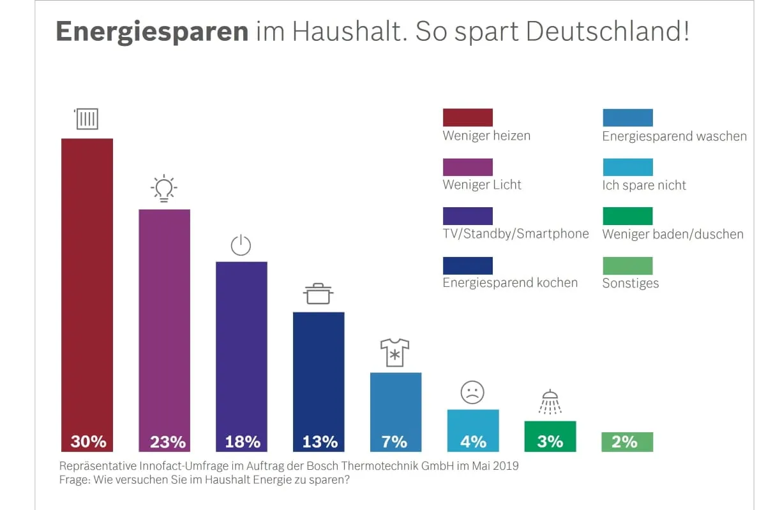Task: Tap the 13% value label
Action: point(319,441)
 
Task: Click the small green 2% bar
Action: point(627,442)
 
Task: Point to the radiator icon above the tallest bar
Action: point(87,119)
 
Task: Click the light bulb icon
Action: point(164,188)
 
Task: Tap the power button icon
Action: point(241,245)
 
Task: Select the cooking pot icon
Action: point(318,294)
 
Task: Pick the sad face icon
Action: point(472,392)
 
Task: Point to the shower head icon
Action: point(550,402)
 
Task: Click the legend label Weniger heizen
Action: point(486,136)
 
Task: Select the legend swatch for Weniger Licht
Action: point(467,167)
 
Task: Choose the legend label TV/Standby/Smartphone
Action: point(516,234)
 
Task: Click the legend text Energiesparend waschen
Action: point(674,136)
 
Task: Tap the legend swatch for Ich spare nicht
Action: point(627,167)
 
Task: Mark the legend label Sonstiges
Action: point(631,283)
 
